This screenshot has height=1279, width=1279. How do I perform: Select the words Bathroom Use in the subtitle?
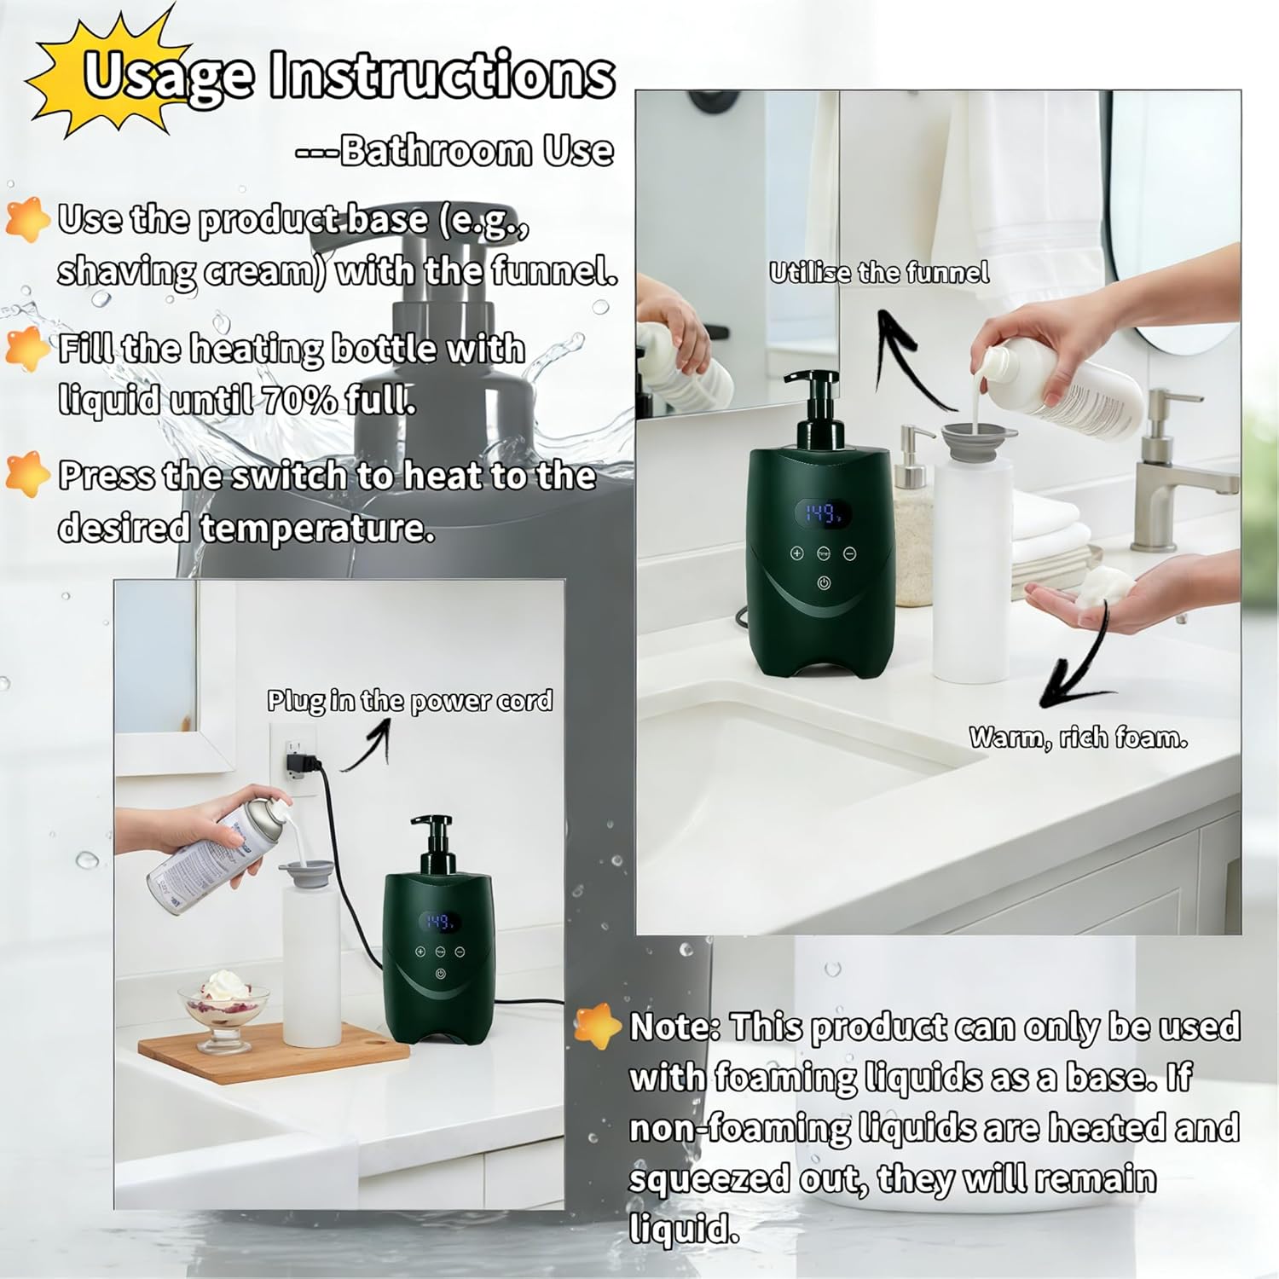[x=476, y=151]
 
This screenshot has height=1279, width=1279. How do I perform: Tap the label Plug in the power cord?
[x=409, y=701]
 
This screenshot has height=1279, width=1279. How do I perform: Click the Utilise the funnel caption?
[x=879, y=273]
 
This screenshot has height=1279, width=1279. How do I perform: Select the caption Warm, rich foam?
[x=1078, y=738]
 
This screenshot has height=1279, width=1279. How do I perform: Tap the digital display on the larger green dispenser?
[x=823, y=513]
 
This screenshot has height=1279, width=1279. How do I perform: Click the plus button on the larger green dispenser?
[x=797, y=553]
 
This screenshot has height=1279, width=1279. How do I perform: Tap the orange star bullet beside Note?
[x=597, y=1025]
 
